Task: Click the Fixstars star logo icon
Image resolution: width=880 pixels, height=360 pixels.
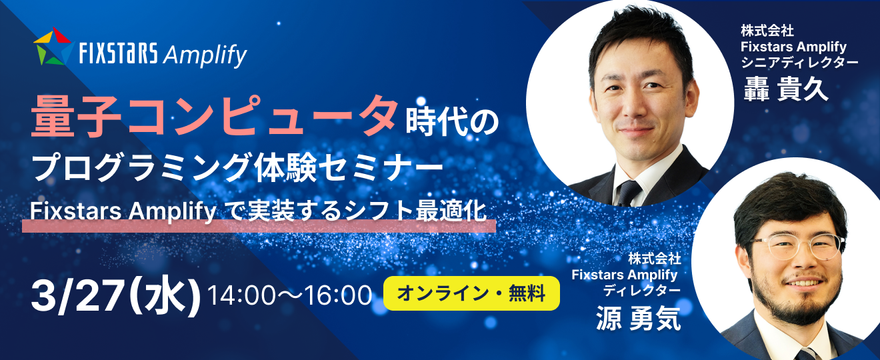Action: (54, 47)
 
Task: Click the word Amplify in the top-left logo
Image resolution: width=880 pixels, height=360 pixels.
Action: (205, 55)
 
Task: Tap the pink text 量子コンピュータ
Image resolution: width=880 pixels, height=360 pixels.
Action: (214, 117)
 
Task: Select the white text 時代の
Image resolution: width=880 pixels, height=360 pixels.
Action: (452, 122)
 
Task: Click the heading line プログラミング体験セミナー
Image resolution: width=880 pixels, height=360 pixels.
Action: (238, 167)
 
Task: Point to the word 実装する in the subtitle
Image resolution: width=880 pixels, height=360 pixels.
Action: (295, 211)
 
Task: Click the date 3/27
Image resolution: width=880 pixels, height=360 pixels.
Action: (77, 296)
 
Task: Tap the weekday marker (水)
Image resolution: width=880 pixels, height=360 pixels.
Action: (165, 297)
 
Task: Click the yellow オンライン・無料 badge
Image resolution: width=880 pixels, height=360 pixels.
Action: (471, 293)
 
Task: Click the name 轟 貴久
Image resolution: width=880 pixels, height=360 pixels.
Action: (786, 88)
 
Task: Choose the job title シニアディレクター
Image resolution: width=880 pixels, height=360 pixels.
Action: (799, 63)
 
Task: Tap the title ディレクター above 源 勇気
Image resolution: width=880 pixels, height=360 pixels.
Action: (642, 291)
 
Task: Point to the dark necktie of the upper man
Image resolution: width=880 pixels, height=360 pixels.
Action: (629, 193)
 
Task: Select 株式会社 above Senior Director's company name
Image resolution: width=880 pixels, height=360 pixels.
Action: (767, 31)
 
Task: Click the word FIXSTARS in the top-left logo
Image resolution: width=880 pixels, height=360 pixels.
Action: (118, 53)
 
